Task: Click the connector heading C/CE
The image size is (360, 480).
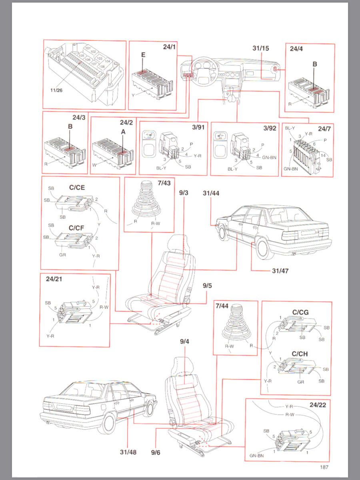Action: [x=77, y=187]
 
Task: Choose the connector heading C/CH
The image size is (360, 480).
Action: [x=300, y=354]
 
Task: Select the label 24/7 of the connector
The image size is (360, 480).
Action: [x=325, y=129]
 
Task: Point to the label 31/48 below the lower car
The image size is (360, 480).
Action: [x=128, y=452]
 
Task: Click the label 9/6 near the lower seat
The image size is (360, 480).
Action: [x=156, y=452]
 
